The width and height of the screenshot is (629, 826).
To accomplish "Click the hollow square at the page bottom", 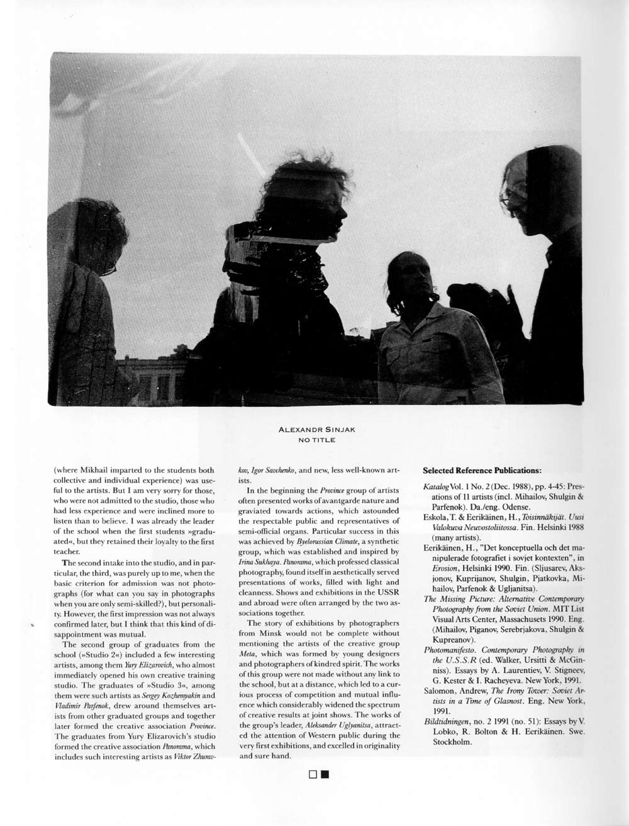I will click(313, 774).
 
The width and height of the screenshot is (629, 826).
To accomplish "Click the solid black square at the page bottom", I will click(324, 774).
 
